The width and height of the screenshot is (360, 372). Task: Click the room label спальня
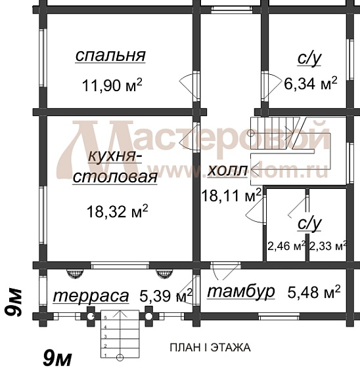110,56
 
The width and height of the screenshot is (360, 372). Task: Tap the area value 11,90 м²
112,85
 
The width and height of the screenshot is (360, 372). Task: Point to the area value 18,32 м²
117,211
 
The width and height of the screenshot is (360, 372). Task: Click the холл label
227,171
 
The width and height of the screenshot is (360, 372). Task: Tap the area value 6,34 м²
310,83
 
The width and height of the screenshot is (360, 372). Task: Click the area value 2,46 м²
286,247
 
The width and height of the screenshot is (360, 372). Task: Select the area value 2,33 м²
327,247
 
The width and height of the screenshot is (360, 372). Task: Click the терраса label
91,296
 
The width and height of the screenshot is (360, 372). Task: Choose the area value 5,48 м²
314,290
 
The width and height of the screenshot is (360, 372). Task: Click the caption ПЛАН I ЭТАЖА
210,347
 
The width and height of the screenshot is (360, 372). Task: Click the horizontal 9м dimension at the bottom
56,358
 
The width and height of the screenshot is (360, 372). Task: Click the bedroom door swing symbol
187,85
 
